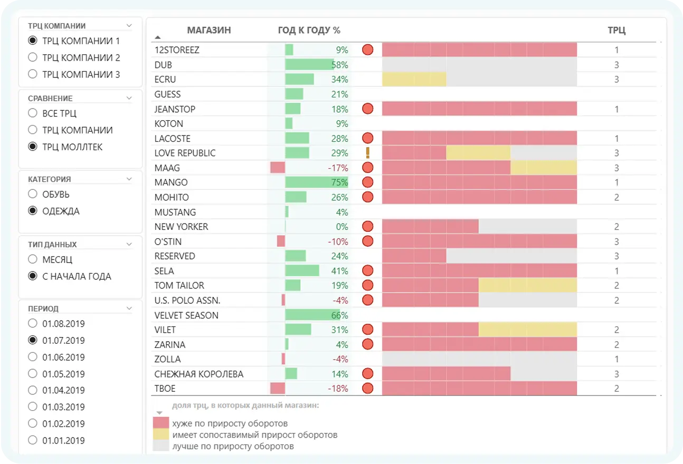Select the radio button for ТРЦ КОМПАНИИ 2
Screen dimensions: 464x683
pyautogui.click(x=33, y=57)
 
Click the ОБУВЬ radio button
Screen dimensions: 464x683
pyautogui.click(x=33, y=195)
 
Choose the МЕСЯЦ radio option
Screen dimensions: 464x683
pyautogui.click(x=33, y=259)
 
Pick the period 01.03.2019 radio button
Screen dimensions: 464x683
pyautogui.click(x=33, y=407)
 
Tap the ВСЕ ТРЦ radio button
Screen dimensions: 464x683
pyautogui.click(x=33, y=113)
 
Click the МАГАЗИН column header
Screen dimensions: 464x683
pyautogui.click(x=208, y=31)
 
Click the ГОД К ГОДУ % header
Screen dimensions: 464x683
pyautogui.click(x=309, y=31)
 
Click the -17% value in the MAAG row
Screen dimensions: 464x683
pyautogui.click(x=338, y=168)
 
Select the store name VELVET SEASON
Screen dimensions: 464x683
pyautogui.click(x=186, y=315)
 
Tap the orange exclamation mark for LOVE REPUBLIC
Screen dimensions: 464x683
pyautogui.click(x=368, y=153)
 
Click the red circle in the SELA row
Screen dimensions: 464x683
pyautogui.click(x=368, y=271)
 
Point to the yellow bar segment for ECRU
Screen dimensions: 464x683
pyautogui.click(x=414, y=80)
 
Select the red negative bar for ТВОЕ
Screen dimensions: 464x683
pyautogui.click(x=278, y=389)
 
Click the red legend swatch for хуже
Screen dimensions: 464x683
pyautogui.click(x=161, y=423)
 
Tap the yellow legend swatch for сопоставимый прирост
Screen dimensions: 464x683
pyautogui.click(x=161, y=434)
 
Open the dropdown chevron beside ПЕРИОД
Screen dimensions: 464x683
pyautogui.click(x=129, y=309)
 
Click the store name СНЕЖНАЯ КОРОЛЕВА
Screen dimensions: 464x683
pyautogui.click(x=199, y=374)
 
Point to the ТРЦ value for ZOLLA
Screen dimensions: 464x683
pyautogui.click(x=616, y=360)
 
